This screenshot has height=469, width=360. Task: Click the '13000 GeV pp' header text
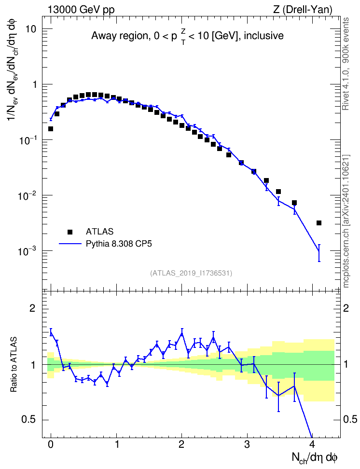click(x=81, y=10)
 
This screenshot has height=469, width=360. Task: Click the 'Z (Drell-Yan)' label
click(x=303, y=10)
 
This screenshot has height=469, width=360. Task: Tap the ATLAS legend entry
click(x=99, y=232)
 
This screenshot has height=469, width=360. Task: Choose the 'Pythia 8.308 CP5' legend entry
click(x=119, y=244)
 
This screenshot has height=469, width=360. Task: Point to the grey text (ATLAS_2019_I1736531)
click(x=191, y=273)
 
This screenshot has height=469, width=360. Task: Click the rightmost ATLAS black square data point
click(x=318, y=223)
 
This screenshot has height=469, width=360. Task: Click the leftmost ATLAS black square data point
click(x=51, y=129)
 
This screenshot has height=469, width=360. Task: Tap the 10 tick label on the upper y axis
click(x=30, y=29)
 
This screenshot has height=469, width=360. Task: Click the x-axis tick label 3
click(x=247, y=444)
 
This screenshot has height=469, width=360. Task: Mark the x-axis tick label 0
click(x=51, y=444)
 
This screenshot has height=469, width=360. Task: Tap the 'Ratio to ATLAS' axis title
click(x=14, y=364)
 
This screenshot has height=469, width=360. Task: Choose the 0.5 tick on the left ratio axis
click(x=29, y=420)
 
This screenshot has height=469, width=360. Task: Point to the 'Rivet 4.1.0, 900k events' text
click(x=346, y=64)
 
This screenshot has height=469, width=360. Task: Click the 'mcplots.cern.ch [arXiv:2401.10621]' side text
click(x=346, y=221)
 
